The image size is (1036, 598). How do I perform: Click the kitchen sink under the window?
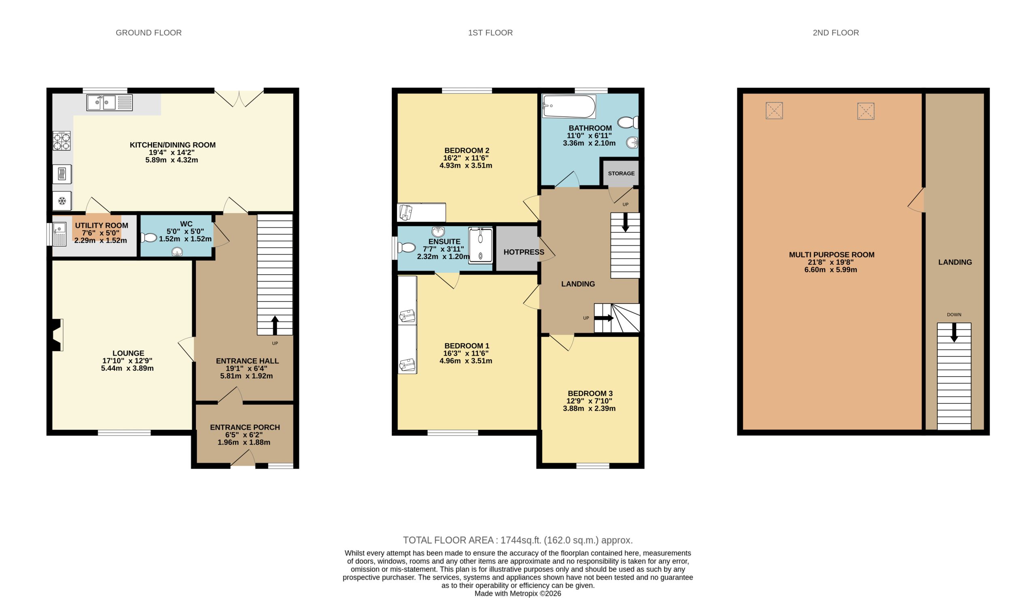[x=109, y=103]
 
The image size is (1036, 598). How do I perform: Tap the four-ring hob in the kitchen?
[x=62, y=141]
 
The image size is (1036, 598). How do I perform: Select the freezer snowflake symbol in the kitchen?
[x=62, y=201]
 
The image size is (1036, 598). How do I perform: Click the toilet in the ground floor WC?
[x=149, y=238]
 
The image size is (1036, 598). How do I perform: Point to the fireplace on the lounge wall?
[x=57, y=335]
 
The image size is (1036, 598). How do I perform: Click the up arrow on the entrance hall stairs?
[x=275, y=325]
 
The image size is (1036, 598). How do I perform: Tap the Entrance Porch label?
[x=245, y=427]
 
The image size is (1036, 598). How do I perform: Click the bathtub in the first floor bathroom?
[x=569, y=106]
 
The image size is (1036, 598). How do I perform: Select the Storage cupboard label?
[x=621, y=173]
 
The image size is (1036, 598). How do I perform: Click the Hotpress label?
[x=524, y=252]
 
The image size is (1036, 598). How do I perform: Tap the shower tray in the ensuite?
[x=481, y=245]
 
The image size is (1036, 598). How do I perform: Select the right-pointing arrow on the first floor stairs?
[x=604, y=318]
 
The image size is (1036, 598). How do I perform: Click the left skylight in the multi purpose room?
[x=774, y=110]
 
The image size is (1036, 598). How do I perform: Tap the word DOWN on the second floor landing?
[x=954, y=315]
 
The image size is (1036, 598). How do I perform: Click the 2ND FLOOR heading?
[x=836, y=33]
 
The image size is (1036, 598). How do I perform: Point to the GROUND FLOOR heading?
[x=149, y=33]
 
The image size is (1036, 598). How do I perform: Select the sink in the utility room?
[x=59, y=234]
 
